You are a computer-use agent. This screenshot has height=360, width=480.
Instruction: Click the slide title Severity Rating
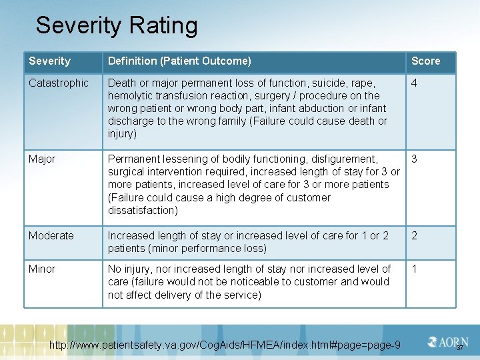[x=117, y=26]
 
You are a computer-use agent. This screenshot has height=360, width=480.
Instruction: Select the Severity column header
[x=49, y=61]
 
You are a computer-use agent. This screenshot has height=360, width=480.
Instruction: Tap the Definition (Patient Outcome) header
[x=179, y=61]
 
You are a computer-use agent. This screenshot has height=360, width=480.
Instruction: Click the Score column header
[x=425, y=61]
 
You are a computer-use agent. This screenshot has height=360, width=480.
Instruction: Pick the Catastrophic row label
[x=58, y=83]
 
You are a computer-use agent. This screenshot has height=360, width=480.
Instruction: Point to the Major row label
[x=42, y=159]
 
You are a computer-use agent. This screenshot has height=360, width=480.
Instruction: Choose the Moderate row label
[x=51, y=236]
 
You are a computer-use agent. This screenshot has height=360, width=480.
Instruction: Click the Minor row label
[x=42, y=269]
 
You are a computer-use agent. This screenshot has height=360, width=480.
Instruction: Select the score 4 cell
[x=415, y=83]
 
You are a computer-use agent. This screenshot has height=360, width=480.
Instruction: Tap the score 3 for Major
[x=415, y=159]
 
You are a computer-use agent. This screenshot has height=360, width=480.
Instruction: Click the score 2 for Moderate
[x=415, y=236]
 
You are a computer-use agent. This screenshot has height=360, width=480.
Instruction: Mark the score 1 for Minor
[x=415, y=269]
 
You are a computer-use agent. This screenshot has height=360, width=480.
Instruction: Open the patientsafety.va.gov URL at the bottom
[x=225, y=345]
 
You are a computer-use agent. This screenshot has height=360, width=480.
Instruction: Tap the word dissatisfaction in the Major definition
[x=143, y=211]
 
